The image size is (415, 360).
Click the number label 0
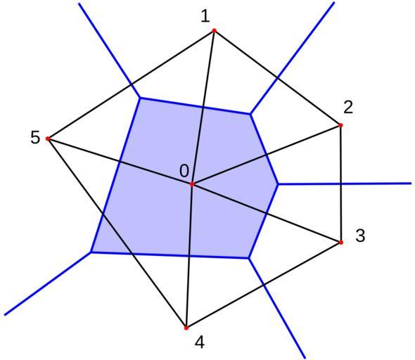point(184,171)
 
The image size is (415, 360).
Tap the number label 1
point(205,16)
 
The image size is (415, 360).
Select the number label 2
point(348,107)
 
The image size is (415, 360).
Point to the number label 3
point(360,236)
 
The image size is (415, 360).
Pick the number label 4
point(200,342)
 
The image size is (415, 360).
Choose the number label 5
point(35,138)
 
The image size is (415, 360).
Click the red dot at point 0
point(192,184)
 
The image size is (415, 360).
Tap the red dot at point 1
point(215,31)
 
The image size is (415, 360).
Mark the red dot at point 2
point(340,125)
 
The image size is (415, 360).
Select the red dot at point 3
point(341,243)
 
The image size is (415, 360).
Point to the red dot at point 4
point(186,328)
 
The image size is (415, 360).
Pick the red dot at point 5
point(48,139)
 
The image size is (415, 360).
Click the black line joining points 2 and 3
point(341,184)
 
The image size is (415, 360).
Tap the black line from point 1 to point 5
point(131,84)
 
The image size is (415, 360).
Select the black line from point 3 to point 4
point(264,285)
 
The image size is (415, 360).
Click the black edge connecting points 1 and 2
point(277,78)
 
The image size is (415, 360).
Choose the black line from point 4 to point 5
point(117,233)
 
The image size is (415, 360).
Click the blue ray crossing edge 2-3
point(345,184)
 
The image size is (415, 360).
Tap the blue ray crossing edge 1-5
point(110,51)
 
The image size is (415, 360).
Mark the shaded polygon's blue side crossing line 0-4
point(170,255)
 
